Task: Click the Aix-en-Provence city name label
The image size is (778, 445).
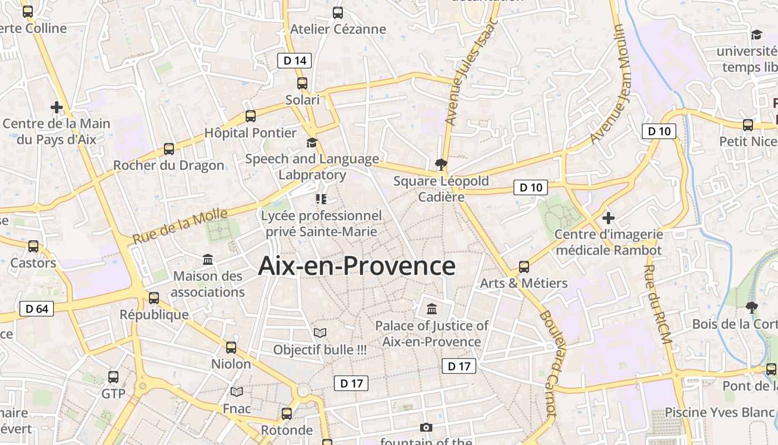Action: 357,266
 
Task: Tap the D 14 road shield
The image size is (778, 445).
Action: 295,61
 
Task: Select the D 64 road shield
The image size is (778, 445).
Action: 37,309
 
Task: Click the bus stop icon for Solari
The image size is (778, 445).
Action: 302,83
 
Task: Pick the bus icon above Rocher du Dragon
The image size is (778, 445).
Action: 169,149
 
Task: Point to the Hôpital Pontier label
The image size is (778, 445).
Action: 251,133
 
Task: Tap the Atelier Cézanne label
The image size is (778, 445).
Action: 338,29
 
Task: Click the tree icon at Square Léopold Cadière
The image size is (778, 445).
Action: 441,164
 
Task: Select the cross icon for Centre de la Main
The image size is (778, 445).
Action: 56,107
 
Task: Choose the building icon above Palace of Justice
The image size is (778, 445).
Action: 432,309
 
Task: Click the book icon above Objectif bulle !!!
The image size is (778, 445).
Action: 320,333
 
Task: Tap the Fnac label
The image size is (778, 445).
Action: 237,408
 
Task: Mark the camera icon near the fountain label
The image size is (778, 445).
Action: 426,427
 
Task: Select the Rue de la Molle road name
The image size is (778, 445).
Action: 180,226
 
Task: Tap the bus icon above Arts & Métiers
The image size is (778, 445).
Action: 524,266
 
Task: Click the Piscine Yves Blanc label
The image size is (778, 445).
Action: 719,412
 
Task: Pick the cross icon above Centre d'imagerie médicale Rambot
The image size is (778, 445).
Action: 609,217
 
